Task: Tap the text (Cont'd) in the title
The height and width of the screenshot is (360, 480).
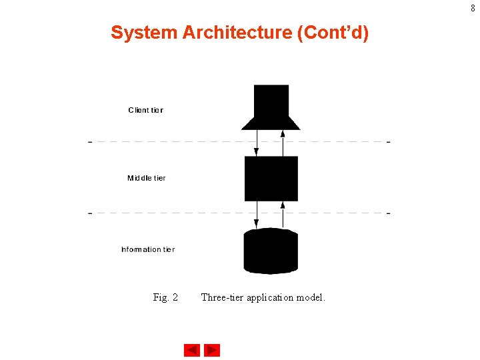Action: [x=333, y=33]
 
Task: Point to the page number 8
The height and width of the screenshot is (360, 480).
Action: [x=473, y=8]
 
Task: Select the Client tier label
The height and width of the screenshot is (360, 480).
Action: [x=145, y=110]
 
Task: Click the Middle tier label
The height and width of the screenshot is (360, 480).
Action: [x=146, y=178]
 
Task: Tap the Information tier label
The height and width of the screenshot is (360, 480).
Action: [x=148, y=249]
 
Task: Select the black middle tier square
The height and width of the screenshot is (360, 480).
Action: [x=271, y=178]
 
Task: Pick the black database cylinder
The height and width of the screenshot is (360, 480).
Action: [x=271, y=251]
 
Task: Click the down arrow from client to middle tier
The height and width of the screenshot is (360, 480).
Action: [x=257, y=143]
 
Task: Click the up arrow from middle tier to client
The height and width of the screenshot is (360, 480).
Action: [x=283, y=143]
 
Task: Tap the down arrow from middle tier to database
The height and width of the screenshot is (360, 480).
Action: [x=257, y=214]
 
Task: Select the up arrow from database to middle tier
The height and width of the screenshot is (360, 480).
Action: [x=283, y=214]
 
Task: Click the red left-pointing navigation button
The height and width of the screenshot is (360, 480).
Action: [x=192, y=350]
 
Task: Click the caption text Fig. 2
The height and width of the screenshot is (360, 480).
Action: [x=165, y=297]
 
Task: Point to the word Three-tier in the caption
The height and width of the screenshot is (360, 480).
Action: [x=222, y=297]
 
